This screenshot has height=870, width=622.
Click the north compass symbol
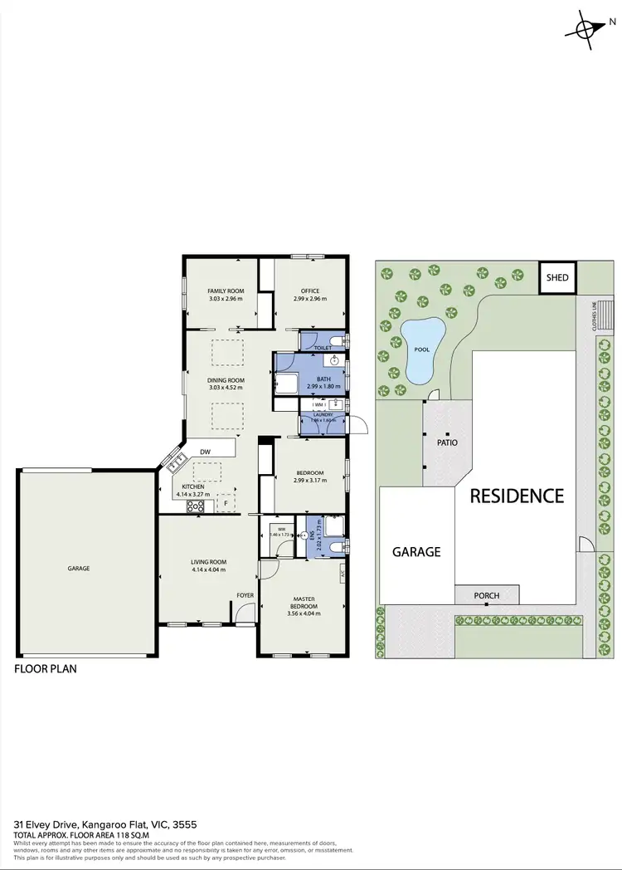tap(587, 28)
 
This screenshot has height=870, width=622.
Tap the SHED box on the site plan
tap(557, 276)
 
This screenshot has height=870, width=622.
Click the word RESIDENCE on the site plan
tap(517, 496)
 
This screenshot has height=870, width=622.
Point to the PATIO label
tap(447, 442)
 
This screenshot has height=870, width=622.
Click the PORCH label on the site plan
tap(486, 595)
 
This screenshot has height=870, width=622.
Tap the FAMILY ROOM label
tap(225, 291)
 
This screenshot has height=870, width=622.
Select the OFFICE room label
tap(310, 291)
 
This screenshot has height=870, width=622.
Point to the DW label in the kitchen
tap(204, 452)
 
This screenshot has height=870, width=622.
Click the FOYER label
tap(245, 595)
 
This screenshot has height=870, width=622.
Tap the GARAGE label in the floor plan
tap(79, 569)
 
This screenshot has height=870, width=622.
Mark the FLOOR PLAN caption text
tap(46, 668)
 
